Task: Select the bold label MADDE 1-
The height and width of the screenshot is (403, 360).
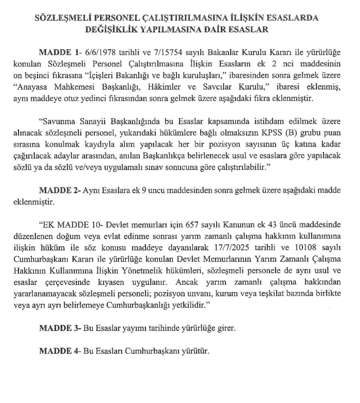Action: point(60,52)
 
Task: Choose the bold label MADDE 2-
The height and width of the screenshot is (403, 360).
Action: point(60,190)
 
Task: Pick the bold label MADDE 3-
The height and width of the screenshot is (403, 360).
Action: point(60,328)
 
